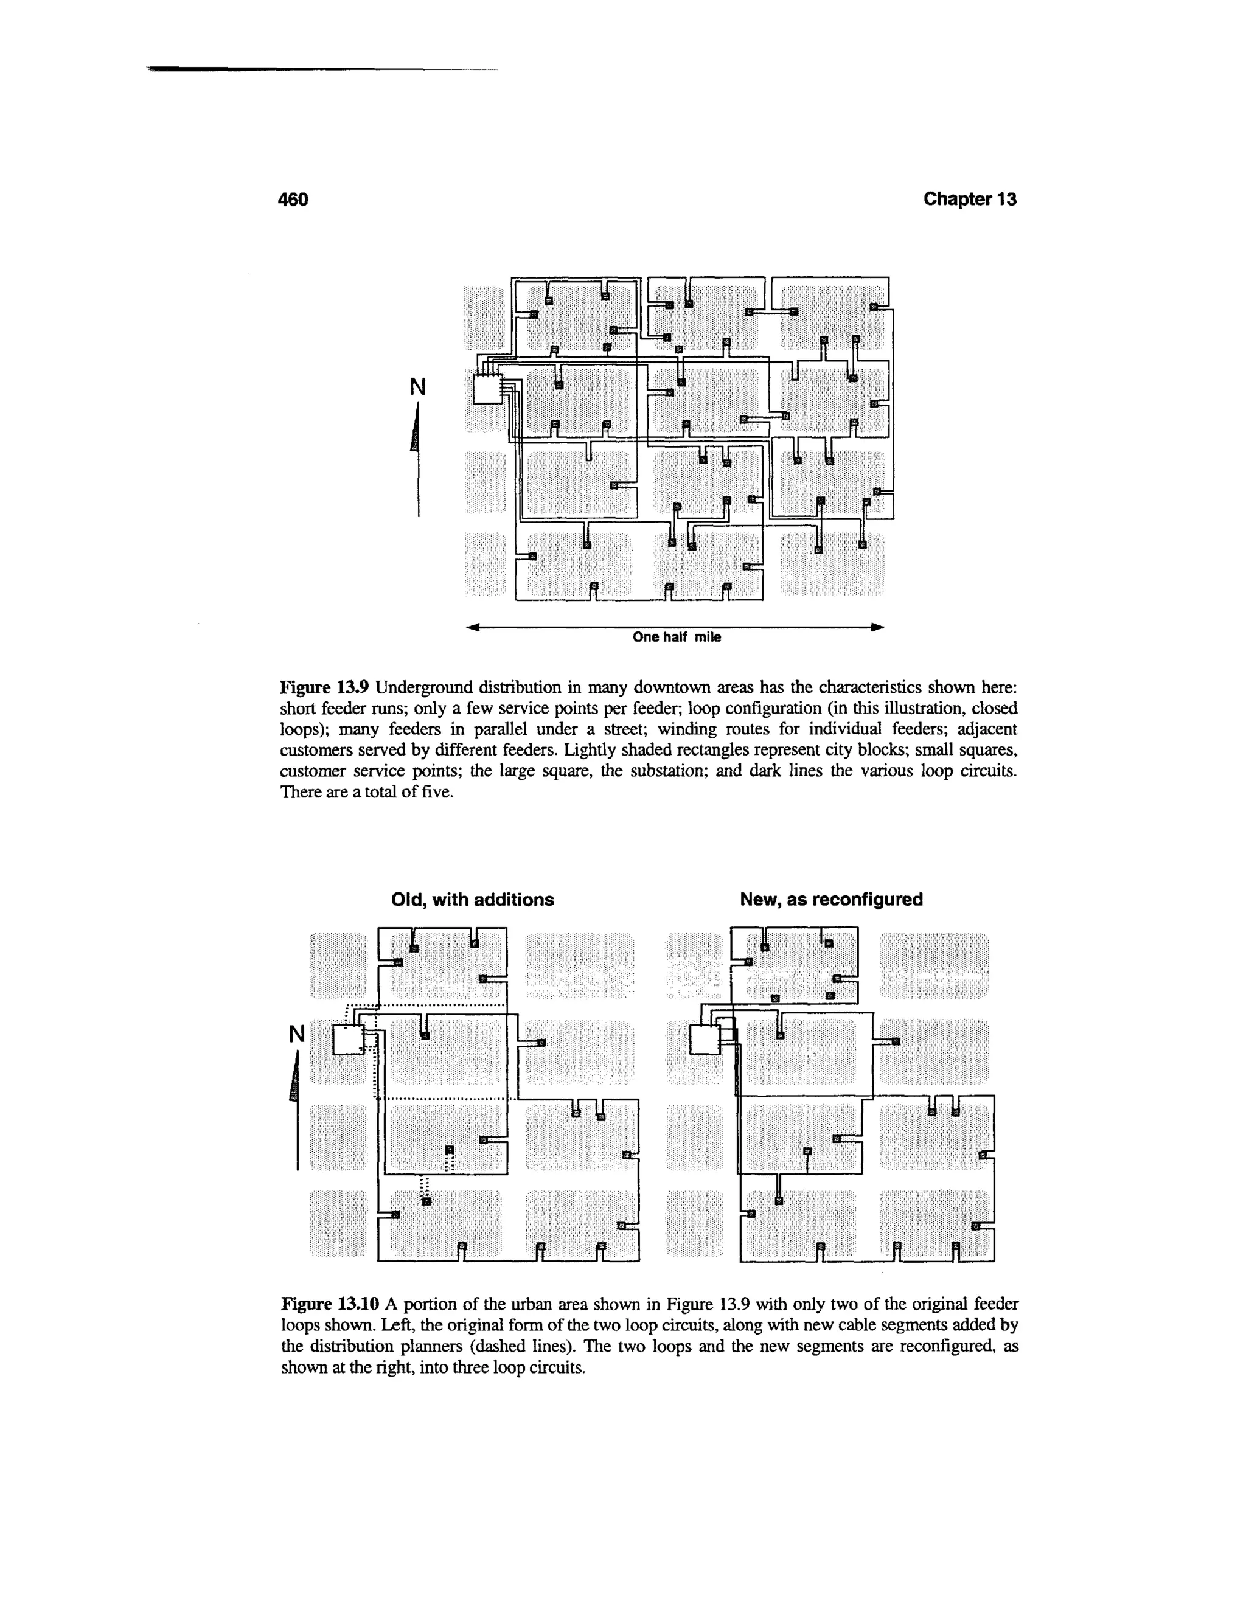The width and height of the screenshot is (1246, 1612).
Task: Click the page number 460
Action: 292,200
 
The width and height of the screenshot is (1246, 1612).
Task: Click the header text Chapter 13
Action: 970,200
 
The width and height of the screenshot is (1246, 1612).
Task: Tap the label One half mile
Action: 676,637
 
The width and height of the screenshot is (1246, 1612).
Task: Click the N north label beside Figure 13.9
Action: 418,386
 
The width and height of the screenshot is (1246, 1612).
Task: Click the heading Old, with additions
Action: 472,900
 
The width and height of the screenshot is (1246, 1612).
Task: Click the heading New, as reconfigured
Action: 831,900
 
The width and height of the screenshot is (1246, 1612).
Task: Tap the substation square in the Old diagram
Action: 349,1041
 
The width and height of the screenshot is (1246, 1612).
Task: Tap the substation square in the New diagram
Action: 705,1041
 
